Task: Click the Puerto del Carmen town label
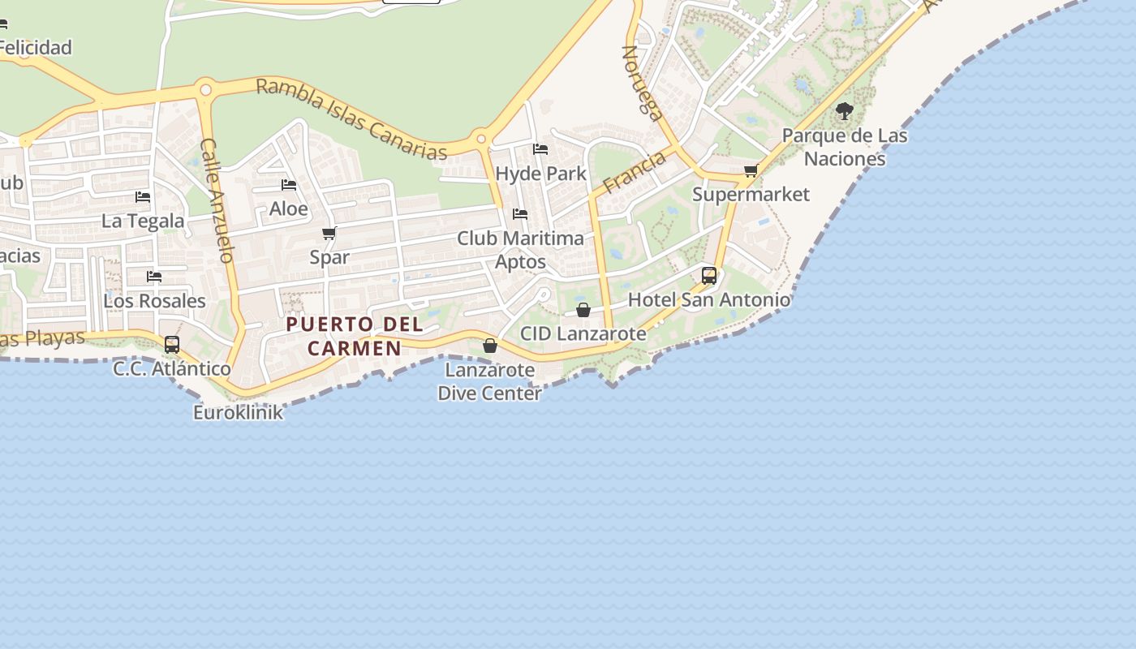[x=355, y=336]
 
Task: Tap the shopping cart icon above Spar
[x=329, y=234]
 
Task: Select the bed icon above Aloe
[x=289, y=185]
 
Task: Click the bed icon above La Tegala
[x=143, y=197]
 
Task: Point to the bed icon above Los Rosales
[x=154, y=277]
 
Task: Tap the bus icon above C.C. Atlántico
[x=172, y=344]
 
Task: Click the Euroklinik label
[x=238, y=412]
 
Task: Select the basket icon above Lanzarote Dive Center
[x=490, y=346]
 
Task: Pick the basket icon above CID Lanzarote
[x=583, y=310]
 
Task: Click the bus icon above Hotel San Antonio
[x=709, y=276]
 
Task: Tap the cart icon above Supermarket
[x=751, y=170]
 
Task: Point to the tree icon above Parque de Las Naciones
[x=844, y=111]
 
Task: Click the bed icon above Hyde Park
[x=540, y=149]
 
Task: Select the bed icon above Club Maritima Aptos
[x=520, y=214]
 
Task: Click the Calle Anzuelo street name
[x=217, y=200]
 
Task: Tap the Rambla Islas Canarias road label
[x=351, y=119]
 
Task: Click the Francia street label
[x=634, y=172]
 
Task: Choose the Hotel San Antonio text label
[x=709, y=299]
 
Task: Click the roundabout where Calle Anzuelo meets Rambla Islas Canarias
[x=206, y=90]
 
